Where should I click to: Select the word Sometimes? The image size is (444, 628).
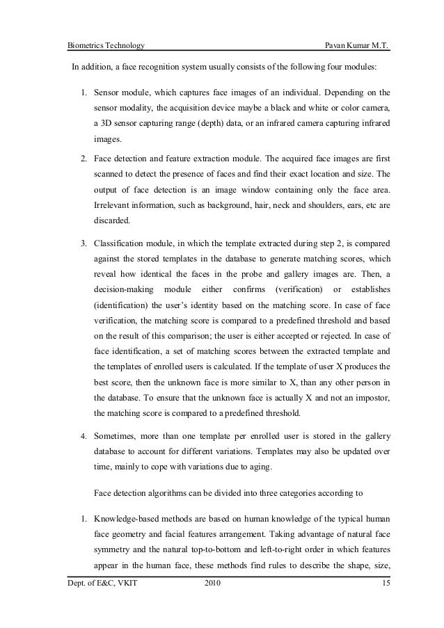tap(117, 436)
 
